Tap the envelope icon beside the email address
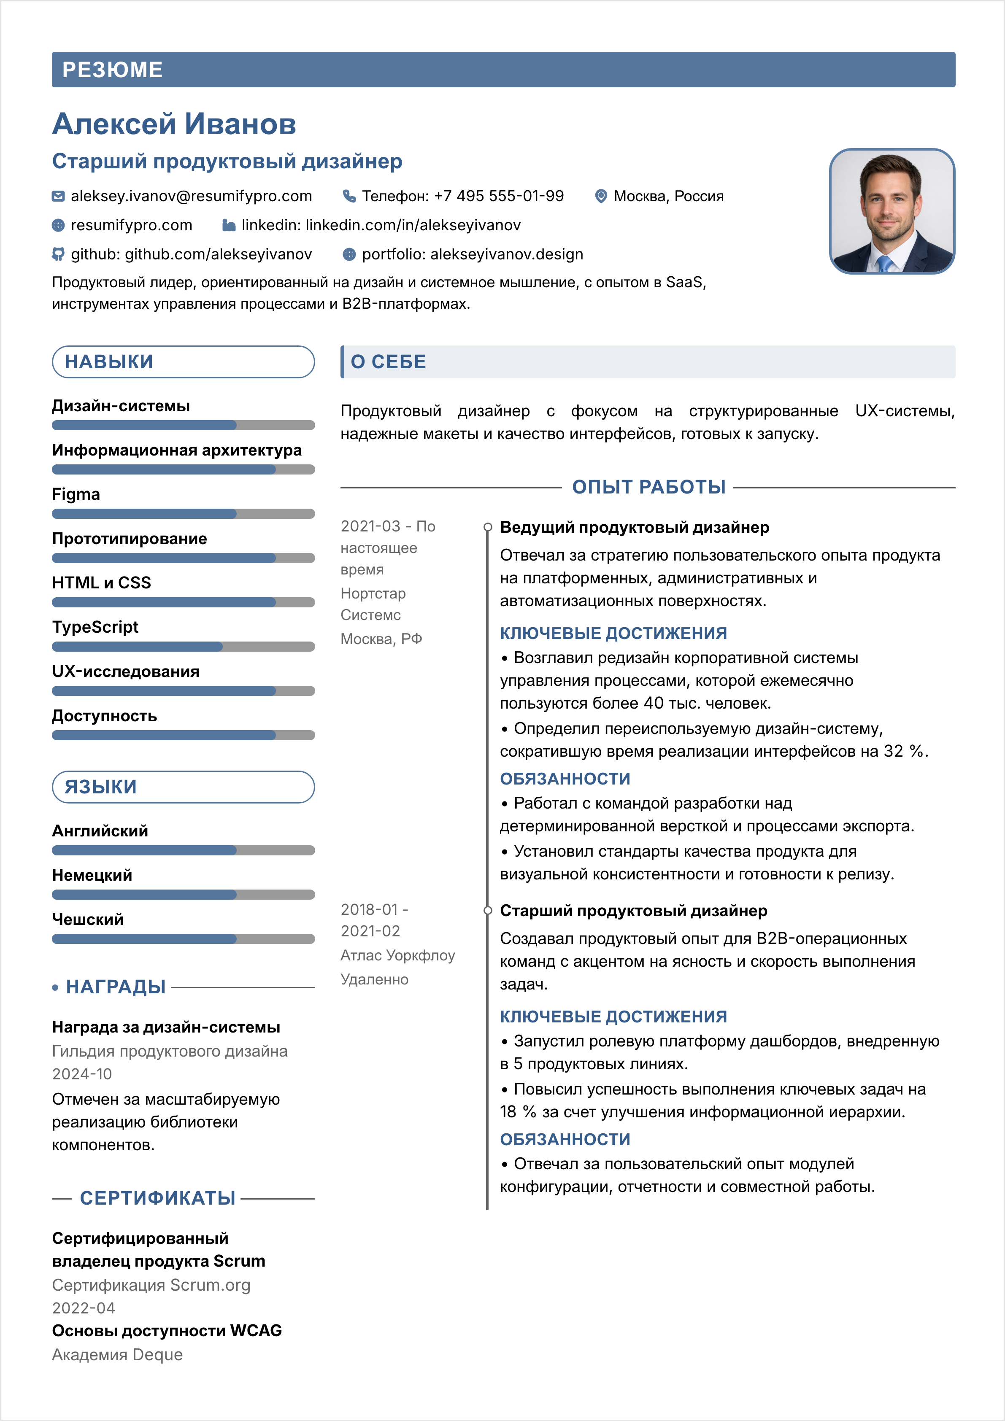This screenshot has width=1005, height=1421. [58, 196]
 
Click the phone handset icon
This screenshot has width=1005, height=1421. [349, 196]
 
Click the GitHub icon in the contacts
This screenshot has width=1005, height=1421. [58, 254]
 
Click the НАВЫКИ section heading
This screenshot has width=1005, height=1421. [109, 362]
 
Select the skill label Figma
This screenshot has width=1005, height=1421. [76, 494]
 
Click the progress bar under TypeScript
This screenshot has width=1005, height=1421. [183, 647]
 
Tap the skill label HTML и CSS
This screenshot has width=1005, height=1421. [102, 582]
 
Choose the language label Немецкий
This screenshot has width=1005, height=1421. [92, 875]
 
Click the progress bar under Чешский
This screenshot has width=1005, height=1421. [183, 939]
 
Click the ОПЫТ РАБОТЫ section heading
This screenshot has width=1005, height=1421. [648, 487]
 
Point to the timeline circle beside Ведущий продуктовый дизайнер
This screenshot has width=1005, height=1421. [488, 527]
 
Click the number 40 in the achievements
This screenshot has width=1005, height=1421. [653, 703]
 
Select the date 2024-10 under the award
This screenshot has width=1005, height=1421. [82, 1074]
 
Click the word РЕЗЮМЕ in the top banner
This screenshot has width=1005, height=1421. [113, 70]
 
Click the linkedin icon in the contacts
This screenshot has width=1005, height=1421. [229, 225]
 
